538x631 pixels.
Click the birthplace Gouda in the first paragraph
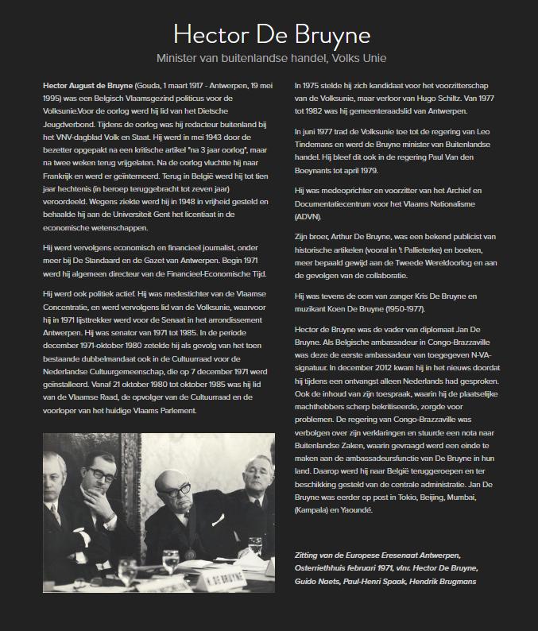(151, 83)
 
